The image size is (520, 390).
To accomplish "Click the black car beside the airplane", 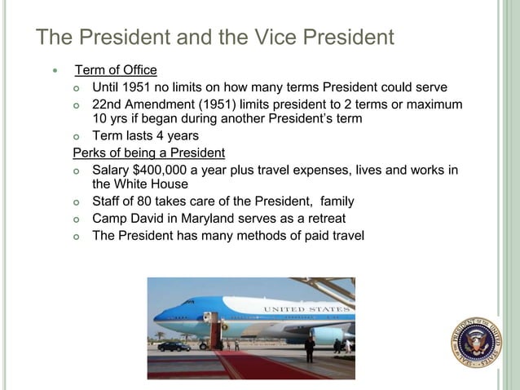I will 174,346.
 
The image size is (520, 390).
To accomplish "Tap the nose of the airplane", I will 158,315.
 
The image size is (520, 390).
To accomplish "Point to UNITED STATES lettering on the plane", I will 306,310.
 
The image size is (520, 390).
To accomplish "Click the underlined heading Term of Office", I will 116,70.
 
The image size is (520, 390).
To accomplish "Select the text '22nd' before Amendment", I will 108,104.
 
